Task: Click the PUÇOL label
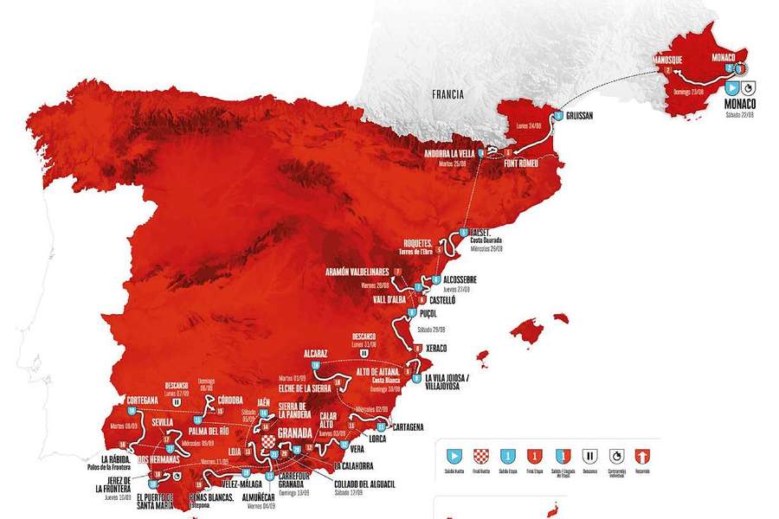[x=430, y=316]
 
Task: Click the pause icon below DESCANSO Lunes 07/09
[x=177, y=401]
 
